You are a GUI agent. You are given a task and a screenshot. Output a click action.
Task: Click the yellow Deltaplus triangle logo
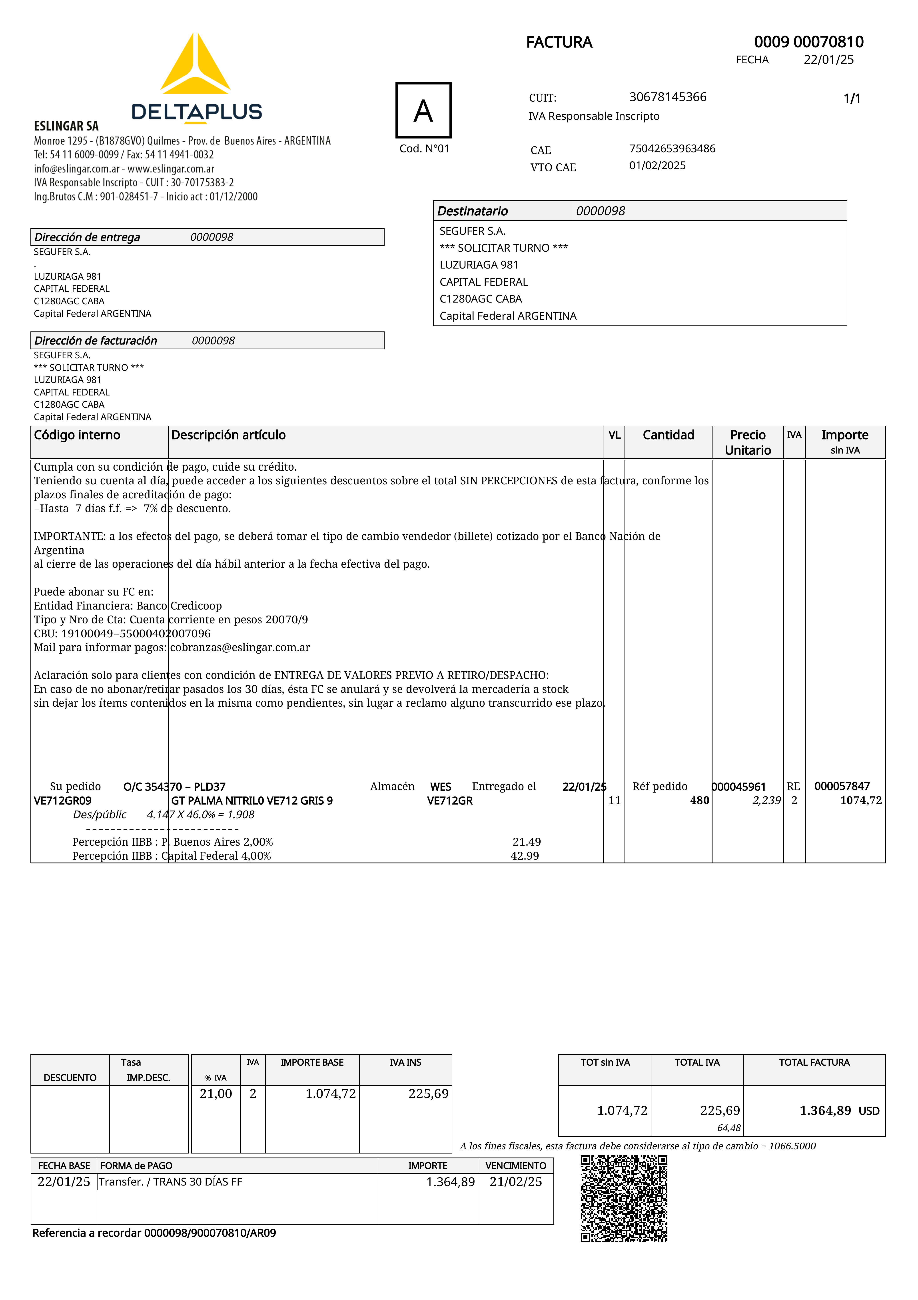(x=195, y=65)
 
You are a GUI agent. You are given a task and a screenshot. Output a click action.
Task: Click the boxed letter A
(x=423, y=110)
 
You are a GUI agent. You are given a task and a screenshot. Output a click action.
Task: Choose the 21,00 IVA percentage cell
(x=216, y=1093)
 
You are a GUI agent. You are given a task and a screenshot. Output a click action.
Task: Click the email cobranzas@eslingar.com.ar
(x=240, y=647)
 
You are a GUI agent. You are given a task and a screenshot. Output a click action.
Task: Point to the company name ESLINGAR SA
(x=66, y=126)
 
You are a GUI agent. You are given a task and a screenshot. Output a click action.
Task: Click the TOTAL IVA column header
(x=697, y=1062)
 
